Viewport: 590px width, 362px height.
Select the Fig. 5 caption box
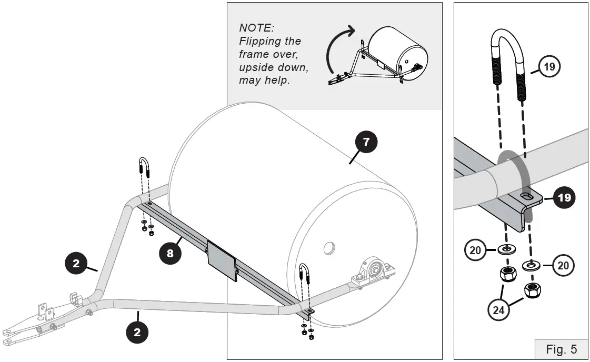point(561,349)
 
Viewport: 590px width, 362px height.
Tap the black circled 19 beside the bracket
point(564,198)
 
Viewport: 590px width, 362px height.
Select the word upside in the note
point(256,68)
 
